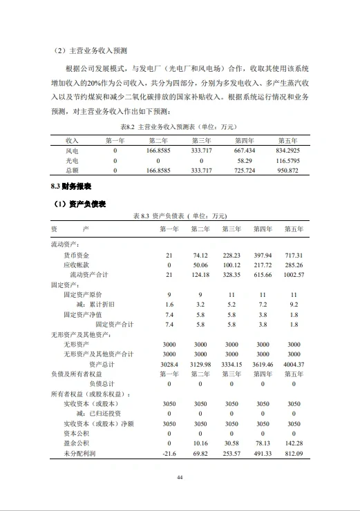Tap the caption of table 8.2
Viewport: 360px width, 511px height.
180,127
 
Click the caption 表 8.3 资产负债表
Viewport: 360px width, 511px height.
180,215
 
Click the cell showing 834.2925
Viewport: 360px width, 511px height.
287,149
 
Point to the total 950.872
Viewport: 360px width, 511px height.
287,169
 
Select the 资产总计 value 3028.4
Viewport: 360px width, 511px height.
169,364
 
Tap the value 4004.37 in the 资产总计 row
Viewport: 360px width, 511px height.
294,364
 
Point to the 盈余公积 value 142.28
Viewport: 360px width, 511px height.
294,443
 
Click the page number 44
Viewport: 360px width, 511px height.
180,477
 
